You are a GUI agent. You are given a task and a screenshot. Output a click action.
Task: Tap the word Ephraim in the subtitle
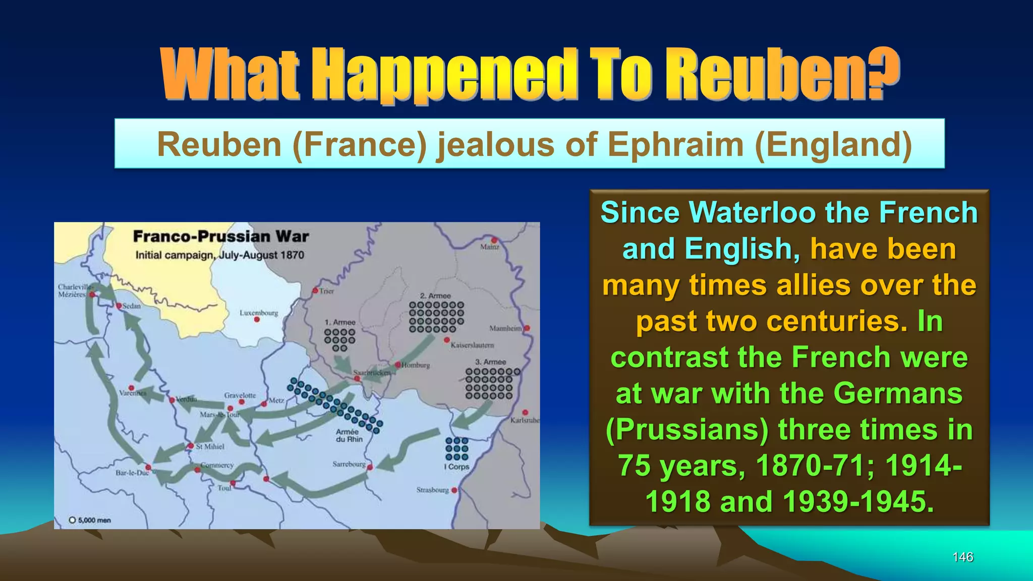pos(676,145)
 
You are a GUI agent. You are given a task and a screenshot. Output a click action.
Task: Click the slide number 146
pos(962,557)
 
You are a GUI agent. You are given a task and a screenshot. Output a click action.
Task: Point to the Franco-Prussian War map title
pos(220,237)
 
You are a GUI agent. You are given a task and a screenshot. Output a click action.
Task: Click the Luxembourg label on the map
pos(259,313)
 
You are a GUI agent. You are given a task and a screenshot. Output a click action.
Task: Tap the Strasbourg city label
pos(432,490)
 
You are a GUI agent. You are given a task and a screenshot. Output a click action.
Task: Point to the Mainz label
pos(489,247)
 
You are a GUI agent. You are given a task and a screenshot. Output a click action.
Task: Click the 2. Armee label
pos(435,296)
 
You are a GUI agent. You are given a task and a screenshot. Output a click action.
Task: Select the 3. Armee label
pos(490,362)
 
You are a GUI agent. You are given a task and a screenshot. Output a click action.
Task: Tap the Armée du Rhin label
pos(349,435)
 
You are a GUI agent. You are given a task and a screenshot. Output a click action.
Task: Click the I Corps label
pos(456,467)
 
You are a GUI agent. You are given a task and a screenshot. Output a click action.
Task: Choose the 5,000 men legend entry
pos(90,520)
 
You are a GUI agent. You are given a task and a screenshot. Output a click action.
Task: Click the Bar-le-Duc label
pos(132,473)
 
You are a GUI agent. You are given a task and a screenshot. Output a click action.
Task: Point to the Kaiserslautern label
pos(472,345)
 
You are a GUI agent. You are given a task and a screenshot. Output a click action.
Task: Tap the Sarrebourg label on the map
pos(349,464)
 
